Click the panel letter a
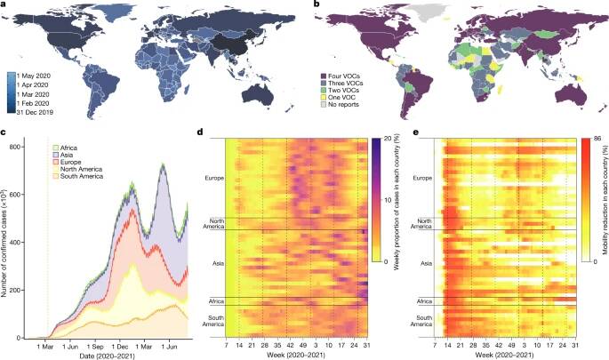[4, 5]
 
